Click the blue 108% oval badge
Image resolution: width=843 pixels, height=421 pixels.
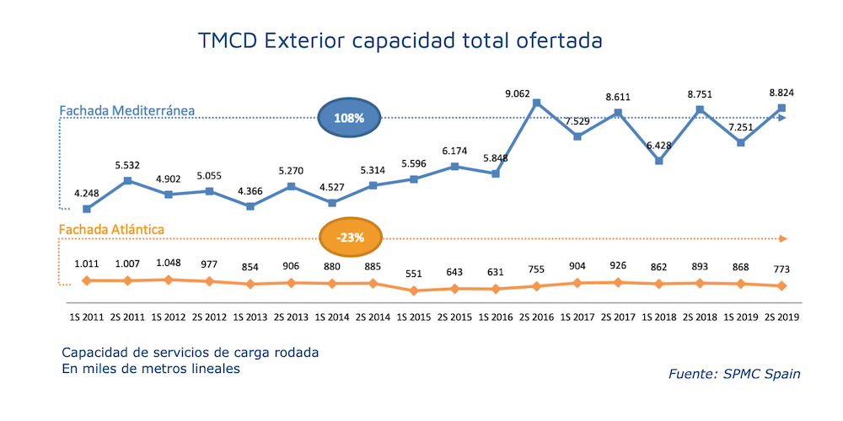pyautogui.click(x=348, y=119)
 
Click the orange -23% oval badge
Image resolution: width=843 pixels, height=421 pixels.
pyautogui.click(x=350, y=237)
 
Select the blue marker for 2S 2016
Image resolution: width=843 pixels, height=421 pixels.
pyautogui.click(x=536, y=104)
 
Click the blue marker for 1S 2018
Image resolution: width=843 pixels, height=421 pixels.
pyautogui.click(x=659, y=161)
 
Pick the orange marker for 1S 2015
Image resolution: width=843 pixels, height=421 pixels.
pyautogui.click(x=413, y=291)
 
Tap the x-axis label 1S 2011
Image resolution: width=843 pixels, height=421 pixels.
pyautogui.click(x=86, y=317)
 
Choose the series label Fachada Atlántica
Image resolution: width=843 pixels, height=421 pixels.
pyautogui.click(x=110, y=229)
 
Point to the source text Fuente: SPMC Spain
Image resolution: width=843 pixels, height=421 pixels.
pyautogui.click(x=734, y=373)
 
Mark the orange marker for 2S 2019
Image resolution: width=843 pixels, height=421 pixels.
pyautogui.click(x=781, y=286)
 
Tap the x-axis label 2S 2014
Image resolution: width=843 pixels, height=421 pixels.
pyautogui.click(x=373, y=317)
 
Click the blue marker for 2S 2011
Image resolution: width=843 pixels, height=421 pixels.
pyautogui.click(x=127, y=180)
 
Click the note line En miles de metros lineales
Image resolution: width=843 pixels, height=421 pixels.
pyautogui.click(x=151, y=369)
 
